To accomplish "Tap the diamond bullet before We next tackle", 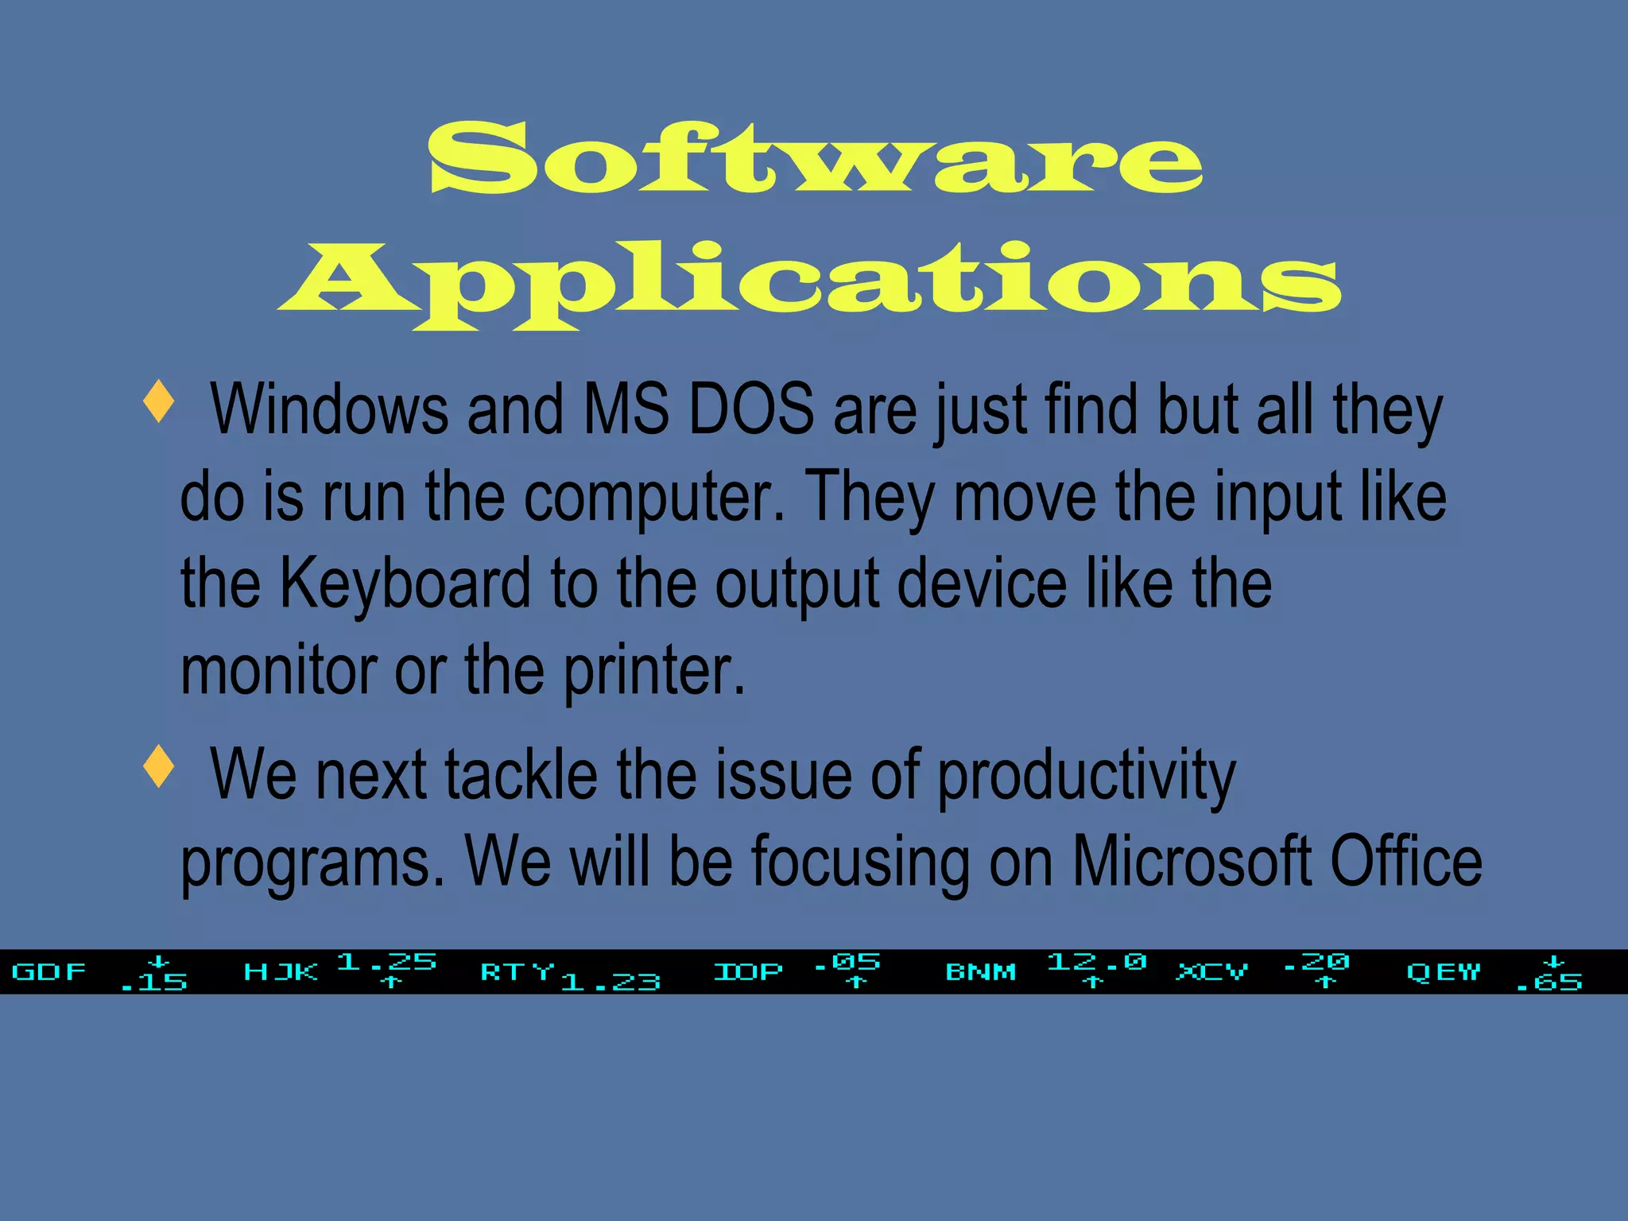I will point(159,766).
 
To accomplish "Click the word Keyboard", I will point(405,584).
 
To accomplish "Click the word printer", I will point(654,672).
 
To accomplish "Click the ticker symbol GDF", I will point(49,971).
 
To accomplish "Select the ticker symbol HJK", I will point(281,971).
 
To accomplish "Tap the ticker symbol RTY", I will point(517,971).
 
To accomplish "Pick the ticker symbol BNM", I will point(980,971).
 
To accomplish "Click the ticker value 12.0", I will point(1096,963).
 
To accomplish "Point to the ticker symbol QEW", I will point(1443,971).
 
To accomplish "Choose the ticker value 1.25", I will point(387,963).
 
